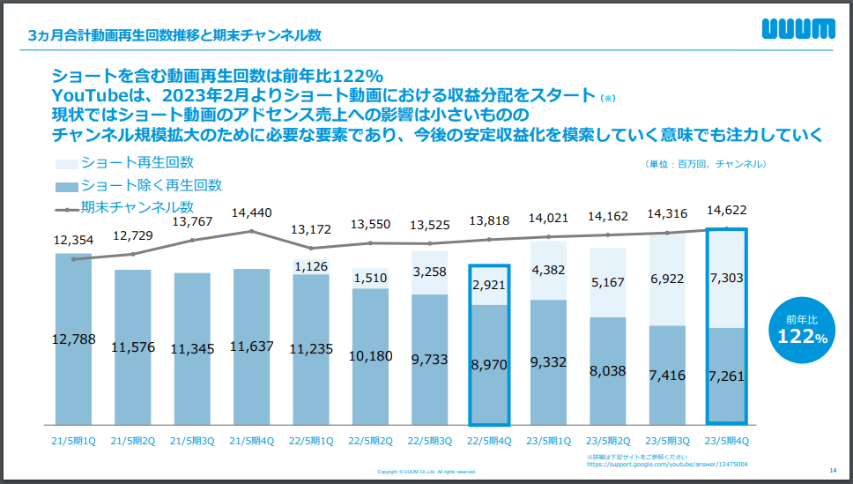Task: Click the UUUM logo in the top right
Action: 797,30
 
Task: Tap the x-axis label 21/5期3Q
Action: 193,439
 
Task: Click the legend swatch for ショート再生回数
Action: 66,163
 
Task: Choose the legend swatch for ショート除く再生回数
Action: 66,186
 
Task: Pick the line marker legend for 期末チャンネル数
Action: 66,209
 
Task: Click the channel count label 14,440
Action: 252,212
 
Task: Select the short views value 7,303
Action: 727,279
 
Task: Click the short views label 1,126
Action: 311,266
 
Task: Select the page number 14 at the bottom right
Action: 833,470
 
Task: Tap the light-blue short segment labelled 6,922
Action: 667,279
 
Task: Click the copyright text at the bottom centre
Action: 426,472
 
